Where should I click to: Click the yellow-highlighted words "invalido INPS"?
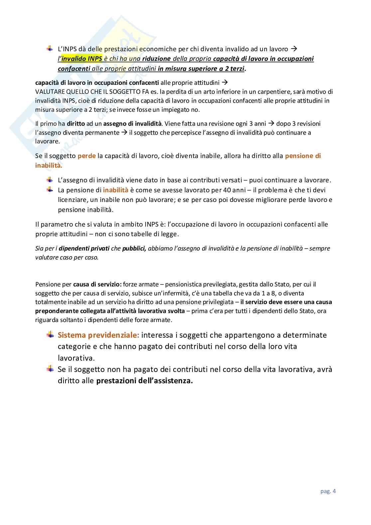[x=82, y=59]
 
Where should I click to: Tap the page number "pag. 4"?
[x=328, y=491]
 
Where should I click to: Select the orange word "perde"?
[x=87, y=156]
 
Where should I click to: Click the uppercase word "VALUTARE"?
[x=50, y=92]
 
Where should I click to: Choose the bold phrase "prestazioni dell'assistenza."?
[x=145, y=381]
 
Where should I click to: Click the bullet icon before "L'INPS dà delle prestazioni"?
[x=50, y=49]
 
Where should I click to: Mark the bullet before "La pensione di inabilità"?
[x=50, y=190]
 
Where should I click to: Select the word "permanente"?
[x=103, y=133]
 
